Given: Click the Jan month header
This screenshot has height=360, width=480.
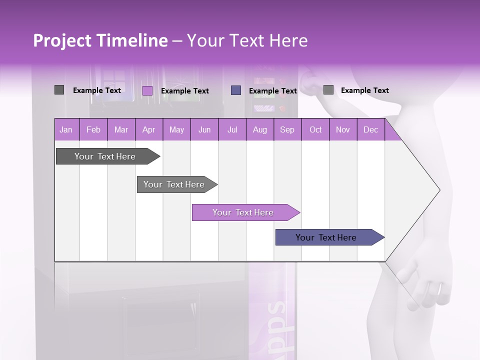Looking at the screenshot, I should pos(66,129).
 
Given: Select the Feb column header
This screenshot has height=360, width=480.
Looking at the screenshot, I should pos(93,129).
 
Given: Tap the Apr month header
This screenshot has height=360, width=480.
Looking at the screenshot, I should pos(148,129).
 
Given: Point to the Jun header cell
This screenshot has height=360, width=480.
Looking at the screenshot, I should pos(204,129).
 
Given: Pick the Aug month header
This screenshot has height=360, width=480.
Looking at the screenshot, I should pos(259,129).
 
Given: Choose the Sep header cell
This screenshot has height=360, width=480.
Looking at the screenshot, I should pos(287,129).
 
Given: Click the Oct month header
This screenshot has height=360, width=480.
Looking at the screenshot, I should pos(315,129).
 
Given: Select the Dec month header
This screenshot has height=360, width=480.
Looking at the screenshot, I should pos(370,129).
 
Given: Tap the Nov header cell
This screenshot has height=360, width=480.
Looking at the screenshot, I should pos(343,129).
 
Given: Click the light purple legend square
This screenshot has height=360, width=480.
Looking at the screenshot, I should pos(147,90).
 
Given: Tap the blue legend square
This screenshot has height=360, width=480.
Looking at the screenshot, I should pos(236,90).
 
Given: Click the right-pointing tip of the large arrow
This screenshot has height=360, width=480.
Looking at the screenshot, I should pos(438,190).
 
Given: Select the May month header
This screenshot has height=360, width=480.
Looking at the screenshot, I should pos(176,129).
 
